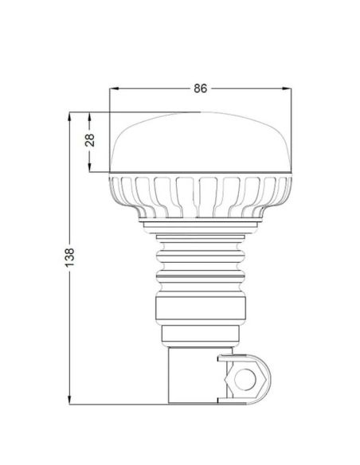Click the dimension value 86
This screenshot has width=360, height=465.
(200, 88)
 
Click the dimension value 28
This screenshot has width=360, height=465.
(91, 140)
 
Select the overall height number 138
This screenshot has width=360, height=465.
(70, 256)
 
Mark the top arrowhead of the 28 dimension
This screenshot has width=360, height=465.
(91, 115)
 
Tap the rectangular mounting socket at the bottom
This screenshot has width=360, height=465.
(191, 374)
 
